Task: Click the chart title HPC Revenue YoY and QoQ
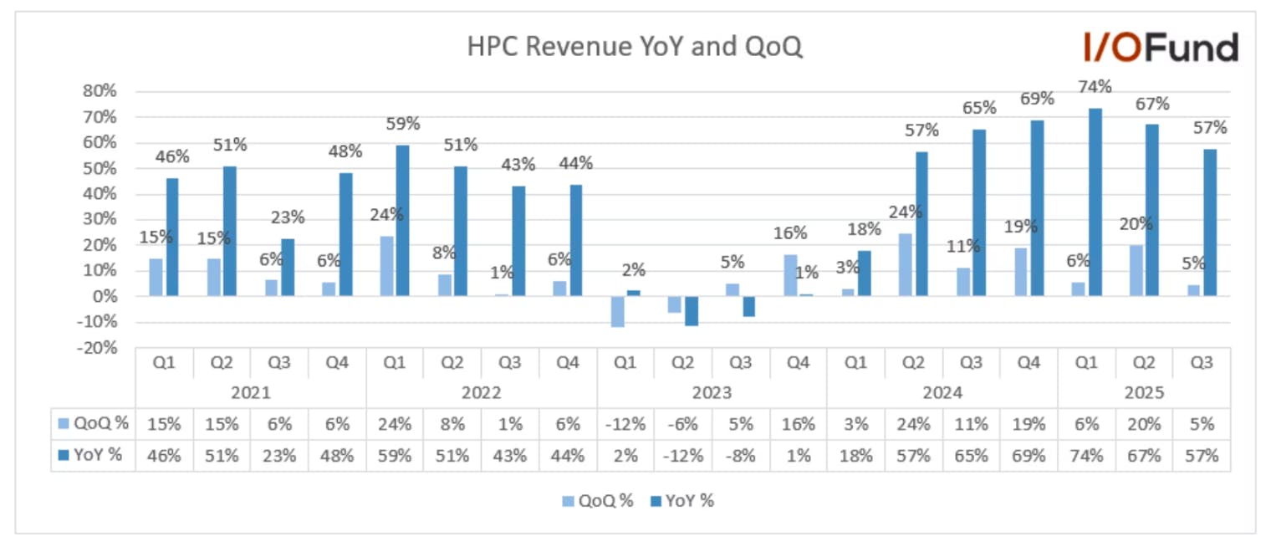(635, 47)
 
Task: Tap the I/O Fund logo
(1161, 47)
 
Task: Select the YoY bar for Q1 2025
(1095, 202)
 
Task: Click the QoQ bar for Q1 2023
(617, 311)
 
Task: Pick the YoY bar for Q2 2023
(691, 311)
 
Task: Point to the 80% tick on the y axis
(100, 91)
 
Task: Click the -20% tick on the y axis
(97, 348)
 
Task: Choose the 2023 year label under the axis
(712, 392)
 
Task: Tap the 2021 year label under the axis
(251, 392)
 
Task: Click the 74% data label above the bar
(1095, 87)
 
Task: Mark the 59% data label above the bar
(403, 124)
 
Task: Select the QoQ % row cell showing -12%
(625, 424)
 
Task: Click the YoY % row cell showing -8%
(741, 456)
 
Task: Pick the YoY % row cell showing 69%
(1029, 456)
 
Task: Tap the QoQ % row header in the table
(94, 423)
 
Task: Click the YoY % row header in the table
(90, 454)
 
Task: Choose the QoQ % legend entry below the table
(598, 501)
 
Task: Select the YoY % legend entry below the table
(682, 501)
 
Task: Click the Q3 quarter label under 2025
(1202, 363)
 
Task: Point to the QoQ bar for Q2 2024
(905, 264)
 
